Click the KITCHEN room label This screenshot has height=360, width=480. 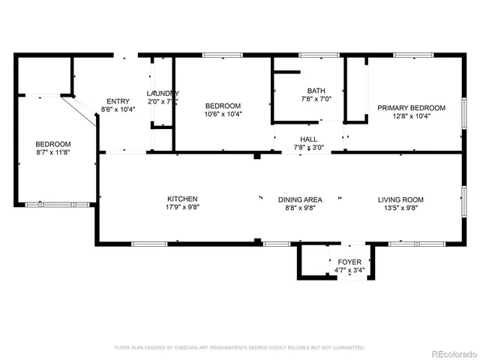182,199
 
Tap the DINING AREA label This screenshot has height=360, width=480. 300,199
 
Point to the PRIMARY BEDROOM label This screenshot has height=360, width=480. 410,108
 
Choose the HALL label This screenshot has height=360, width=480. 308,139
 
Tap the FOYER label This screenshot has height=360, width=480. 349,262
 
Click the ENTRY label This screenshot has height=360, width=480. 118,101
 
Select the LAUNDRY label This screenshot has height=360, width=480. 161,93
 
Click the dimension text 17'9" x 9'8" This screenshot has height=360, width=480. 182,208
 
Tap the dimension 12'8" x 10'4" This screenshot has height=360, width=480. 410,116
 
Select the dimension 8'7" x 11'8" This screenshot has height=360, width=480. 52,153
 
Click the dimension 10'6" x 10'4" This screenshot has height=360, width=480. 223,114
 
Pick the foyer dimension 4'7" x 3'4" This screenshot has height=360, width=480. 349,271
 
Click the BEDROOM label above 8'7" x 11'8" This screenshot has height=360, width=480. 52,145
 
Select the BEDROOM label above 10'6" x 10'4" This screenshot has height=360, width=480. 223,106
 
